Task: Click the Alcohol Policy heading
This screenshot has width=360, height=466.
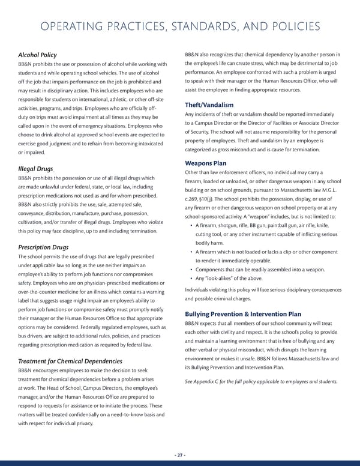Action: [37, 55]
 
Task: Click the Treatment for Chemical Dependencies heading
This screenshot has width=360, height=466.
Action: [70, 361]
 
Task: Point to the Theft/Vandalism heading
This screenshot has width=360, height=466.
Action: [209, 105]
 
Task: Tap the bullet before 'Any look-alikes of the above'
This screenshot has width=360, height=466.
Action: [190, 278]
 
